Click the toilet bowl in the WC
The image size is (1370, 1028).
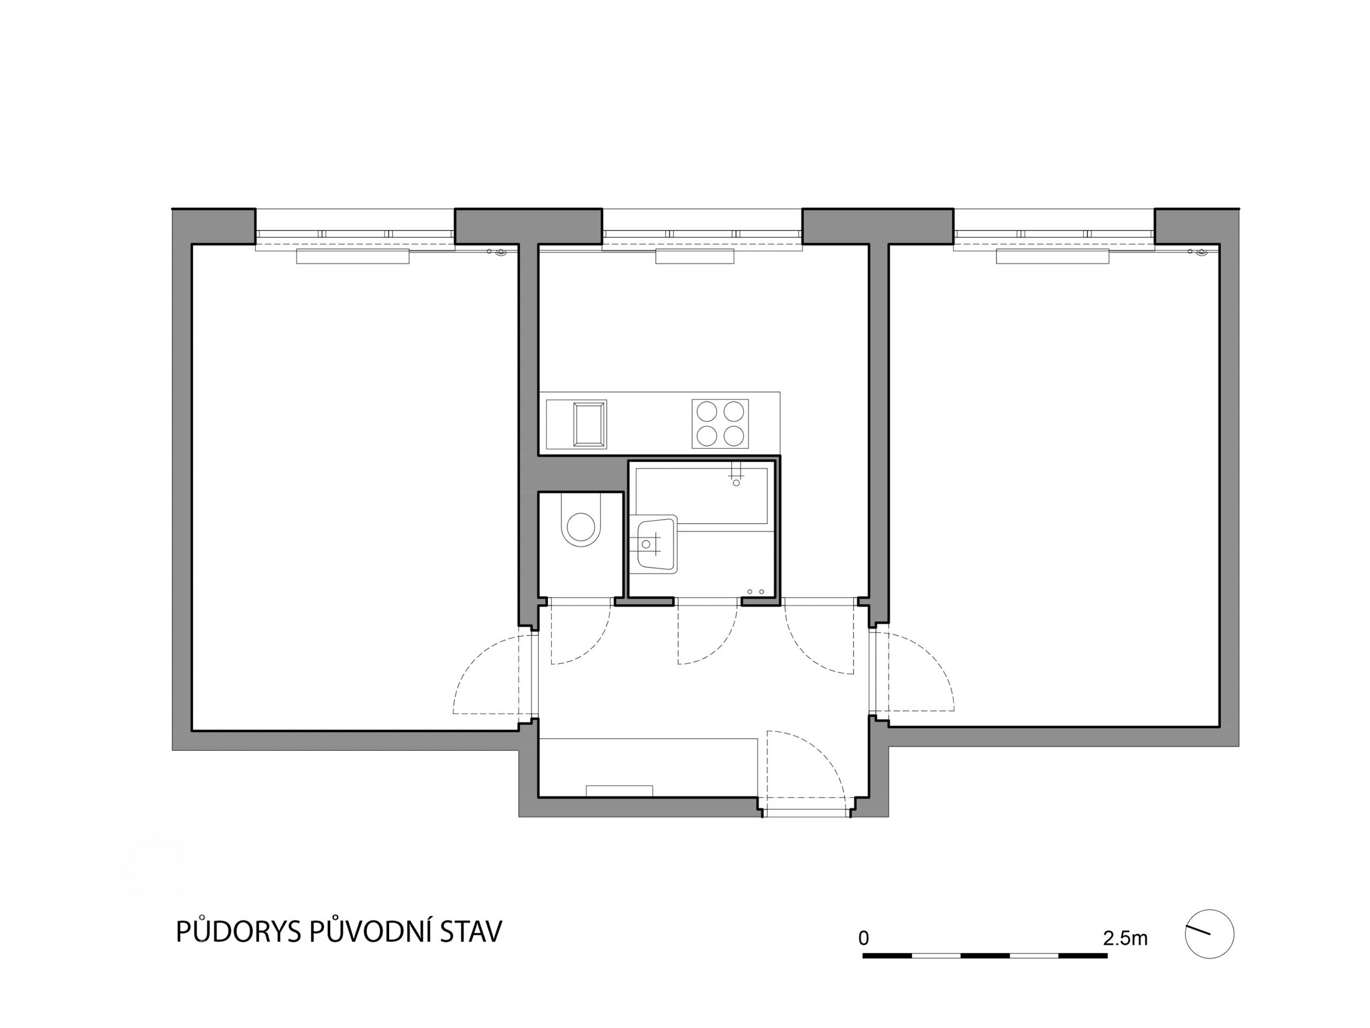point(581,520)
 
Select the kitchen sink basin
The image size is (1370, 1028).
point(589,425)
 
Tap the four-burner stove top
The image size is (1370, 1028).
point(720,424)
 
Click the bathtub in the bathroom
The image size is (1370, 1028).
point(702,496)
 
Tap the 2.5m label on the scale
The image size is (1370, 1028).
point(1125,938)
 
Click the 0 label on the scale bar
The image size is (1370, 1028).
point(864,938)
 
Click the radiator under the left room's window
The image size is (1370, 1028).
point(353,256)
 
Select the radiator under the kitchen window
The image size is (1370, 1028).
point(695,256)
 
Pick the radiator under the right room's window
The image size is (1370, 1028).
point(1052,256)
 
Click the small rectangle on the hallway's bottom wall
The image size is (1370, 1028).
point(619,791)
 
